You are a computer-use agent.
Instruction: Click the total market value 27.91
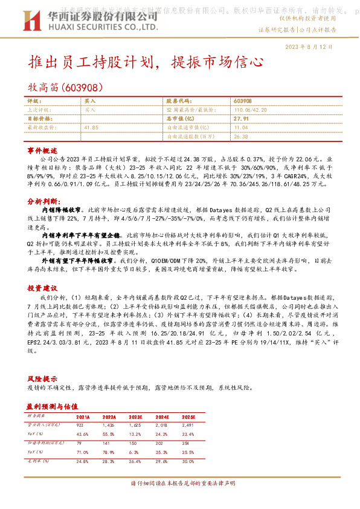point(241,119)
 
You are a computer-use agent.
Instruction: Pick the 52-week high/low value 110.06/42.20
point(251,111)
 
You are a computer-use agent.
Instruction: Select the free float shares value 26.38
point(240,137)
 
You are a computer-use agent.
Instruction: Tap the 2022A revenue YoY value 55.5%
point(109,435)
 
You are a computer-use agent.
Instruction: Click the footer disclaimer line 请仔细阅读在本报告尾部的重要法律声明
point(179,484)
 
